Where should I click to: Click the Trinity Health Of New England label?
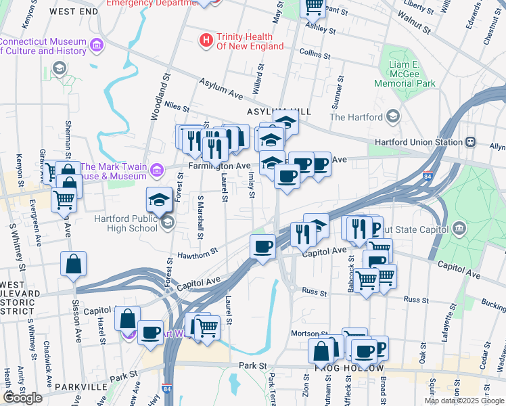coord(244,41)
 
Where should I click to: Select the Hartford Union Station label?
coord(419,142)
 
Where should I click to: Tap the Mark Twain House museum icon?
coord(157,168)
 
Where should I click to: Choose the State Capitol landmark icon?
coord(461,228)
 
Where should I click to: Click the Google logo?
coord(22,398)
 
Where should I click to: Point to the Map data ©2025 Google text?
coord(464,401)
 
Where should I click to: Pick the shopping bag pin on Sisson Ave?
coord(73,264)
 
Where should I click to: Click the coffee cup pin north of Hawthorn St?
coord(262,246)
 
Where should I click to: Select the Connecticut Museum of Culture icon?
coord(97,45)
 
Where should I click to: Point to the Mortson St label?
coord(308,334)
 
